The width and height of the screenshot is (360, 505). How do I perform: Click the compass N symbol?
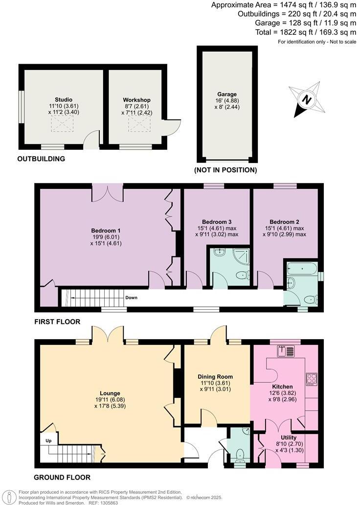(x=307, y=100)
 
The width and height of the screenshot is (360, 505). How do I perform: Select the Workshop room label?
(x=136, y=100)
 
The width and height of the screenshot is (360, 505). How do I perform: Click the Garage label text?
(x=227, y=94)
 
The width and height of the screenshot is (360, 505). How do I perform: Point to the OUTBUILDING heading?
(x=41, y=159)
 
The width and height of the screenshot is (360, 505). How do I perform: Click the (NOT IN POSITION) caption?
(x=225, y=170)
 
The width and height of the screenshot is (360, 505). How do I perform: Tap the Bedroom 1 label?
(x=106, y=230)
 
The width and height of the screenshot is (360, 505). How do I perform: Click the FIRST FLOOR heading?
(x=57, y=322)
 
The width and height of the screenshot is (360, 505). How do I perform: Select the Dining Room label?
(x=215, y=377)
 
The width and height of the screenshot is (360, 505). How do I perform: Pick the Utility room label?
(x=289, y=437)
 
